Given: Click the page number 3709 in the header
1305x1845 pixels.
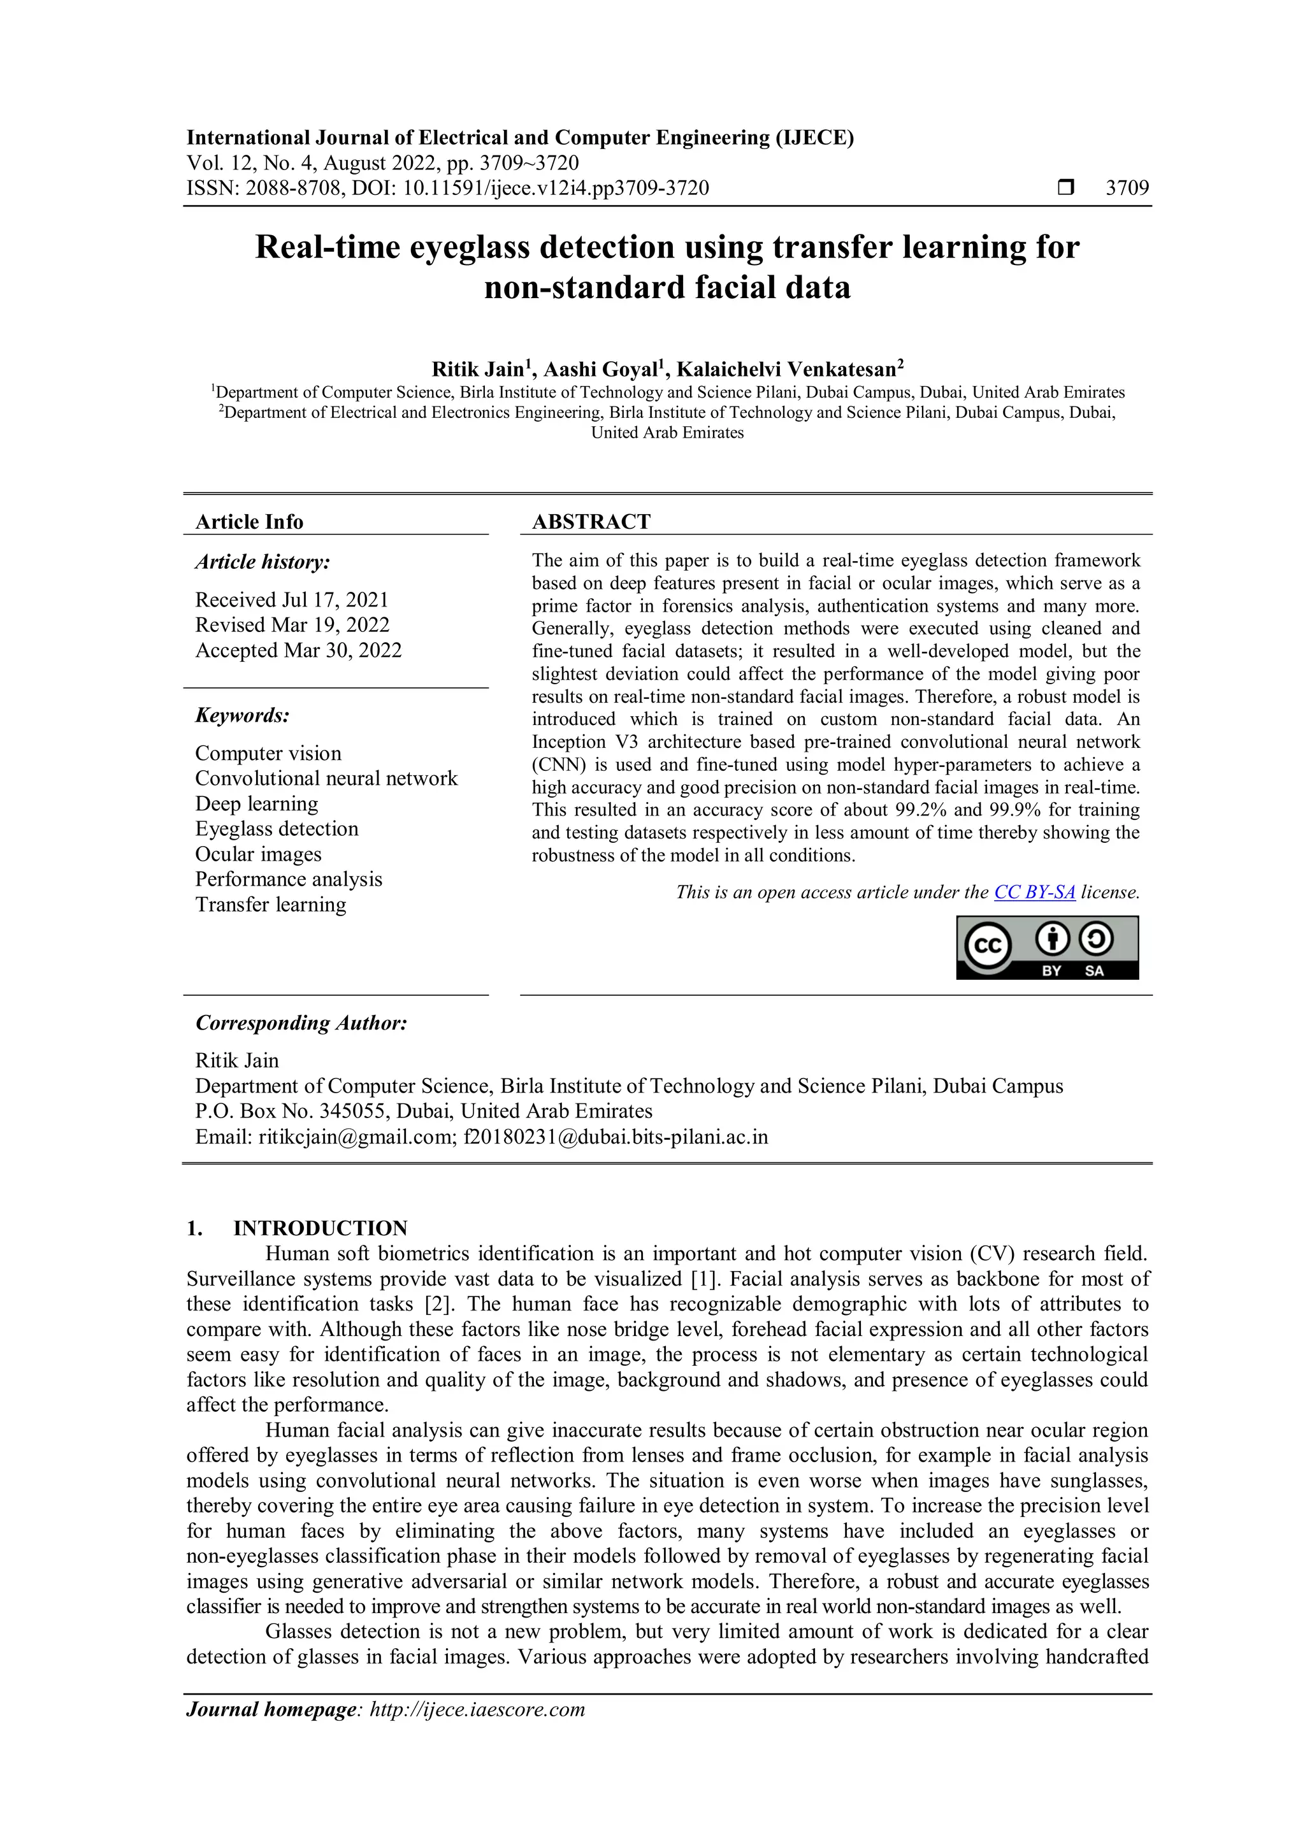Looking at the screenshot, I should (1127, 188).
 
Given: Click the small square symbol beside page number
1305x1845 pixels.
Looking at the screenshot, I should (1065, 188).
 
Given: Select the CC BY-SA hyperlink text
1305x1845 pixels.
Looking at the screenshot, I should (1034, 892).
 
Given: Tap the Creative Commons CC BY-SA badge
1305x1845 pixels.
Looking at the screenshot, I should (1047, 948).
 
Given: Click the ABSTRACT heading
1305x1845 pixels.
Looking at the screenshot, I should (591, 522).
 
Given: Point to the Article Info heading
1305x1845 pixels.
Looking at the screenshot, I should (249, 522).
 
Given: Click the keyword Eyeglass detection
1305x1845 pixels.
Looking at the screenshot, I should (277, 828).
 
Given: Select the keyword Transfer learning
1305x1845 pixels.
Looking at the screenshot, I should (270, 904).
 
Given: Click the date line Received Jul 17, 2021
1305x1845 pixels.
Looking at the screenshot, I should (292, 599).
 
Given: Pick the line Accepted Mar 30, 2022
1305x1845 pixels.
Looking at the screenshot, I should (298, 650).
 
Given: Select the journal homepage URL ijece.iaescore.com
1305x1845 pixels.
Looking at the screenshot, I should (477, 1709).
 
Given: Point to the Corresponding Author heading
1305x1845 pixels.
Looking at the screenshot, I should (301, 1023).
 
